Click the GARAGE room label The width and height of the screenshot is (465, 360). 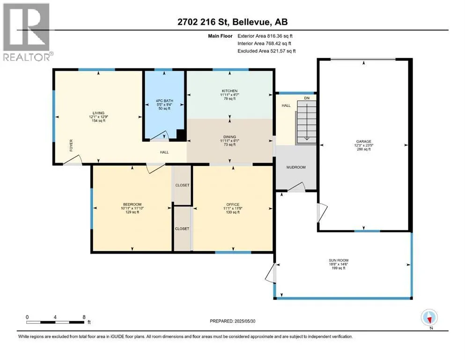(363, 142)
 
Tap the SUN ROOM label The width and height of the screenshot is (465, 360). (339, 260)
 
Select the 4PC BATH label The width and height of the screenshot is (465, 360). (164, 101)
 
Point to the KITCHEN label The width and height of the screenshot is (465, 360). (230, 91)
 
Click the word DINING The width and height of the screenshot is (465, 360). (230, 137)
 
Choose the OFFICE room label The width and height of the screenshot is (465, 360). (233, 204)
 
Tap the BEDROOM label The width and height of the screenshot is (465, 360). (132, 204)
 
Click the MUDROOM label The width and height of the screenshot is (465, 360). (296, 167)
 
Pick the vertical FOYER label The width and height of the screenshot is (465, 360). (71, 145)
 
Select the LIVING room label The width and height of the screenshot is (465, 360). (98, 113)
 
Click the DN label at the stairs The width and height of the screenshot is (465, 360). (307, 98)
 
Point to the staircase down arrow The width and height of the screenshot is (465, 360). (307, 122)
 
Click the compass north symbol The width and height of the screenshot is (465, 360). (429, 317)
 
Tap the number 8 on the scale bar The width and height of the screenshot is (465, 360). (84, 317)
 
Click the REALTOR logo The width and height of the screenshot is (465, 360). (27, 32)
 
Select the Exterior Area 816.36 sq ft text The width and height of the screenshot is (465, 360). (265, 36)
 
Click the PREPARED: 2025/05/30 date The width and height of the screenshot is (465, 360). (232, 321)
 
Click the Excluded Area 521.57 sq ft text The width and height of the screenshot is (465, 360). (266, 51)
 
